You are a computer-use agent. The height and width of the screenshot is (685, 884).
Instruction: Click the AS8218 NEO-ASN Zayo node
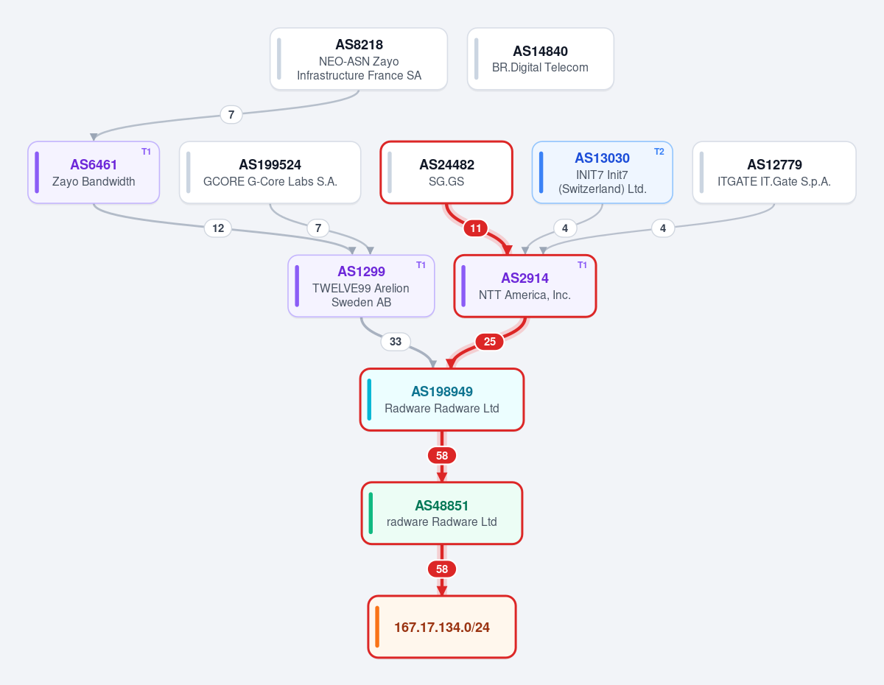pos(359,59)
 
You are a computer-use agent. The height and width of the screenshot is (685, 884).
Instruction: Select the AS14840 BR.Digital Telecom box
pos(540,59)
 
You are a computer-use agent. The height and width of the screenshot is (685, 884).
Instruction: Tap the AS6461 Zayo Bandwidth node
pos(94,172)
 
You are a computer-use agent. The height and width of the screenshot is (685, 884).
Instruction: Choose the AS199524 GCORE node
pos(270,172)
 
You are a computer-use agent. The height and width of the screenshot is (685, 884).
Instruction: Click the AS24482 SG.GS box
pos(446,172)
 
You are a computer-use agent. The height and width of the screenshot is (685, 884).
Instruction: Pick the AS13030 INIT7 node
pos(602,172)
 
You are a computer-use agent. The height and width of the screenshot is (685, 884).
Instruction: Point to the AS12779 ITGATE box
pos(774,172)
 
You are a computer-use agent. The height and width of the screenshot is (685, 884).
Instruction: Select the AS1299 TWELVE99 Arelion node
pos(361,286)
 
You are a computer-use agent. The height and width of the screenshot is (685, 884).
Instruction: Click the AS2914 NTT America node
pos(525,286)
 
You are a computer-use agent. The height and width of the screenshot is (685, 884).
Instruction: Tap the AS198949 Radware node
pos(442,399)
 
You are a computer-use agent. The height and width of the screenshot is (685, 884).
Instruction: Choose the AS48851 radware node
pos(442,513)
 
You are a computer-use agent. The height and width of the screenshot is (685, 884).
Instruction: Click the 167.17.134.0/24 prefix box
pos(442,627)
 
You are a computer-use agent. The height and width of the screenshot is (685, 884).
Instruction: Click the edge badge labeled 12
pos(218,228)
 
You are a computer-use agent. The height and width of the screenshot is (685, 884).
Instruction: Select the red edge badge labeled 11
pos(476,228)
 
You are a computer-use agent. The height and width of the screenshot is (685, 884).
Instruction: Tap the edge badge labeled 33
pos(396,341)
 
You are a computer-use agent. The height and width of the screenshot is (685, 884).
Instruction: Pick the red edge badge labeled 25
pos(490,341)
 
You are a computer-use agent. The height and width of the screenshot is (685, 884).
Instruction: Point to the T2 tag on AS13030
pos(659,152)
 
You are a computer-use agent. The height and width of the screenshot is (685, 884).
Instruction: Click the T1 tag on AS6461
pos(146,152)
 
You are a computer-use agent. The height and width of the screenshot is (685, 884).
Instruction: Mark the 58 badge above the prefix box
pos(442,569)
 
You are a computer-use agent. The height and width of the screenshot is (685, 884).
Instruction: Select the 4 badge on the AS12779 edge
pos(663,228)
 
